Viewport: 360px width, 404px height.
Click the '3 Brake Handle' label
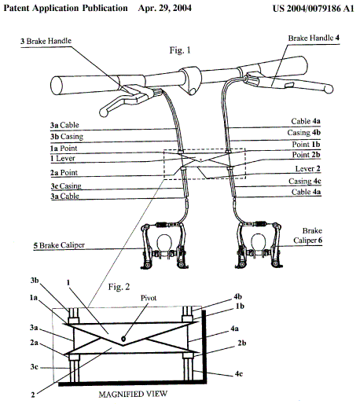point(46,41)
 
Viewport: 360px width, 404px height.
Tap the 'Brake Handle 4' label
point(314,38)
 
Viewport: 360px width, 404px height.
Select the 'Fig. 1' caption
point(180,50)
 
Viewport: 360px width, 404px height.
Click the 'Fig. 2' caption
point(119,287)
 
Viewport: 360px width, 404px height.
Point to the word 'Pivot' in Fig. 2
point(149,298)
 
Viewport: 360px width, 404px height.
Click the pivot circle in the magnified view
point(123,339)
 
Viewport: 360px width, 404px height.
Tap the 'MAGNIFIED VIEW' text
point(133,394)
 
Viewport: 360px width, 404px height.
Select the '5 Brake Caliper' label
point(59,245)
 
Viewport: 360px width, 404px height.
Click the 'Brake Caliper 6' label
point(308,235)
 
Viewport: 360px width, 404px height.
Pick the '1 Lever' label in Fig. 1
point(63,158)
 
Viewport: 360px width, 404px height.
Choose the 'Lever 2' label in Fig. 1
point(307,168)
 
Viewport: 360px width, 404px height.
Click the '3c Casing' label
point(66,185)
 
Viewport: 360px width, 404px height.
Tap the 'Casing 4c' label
point(305,181)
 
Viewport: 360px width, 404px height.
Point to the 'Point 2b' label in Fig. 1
point(306,155)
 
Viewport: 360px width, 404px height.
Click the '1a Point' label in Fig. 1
point(64,148)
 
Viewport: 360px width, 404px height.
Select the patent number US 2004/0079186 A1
point(314,9)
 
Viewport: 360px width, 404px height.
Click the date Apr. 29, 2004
point(165,8)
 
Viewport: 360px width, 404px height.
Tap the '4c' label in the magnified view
point(238,373)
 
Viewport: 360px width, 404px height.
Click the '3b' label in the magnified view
point(35,281)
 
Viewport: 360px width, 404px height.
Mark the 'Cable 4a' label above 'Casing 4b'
point(306,121)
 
